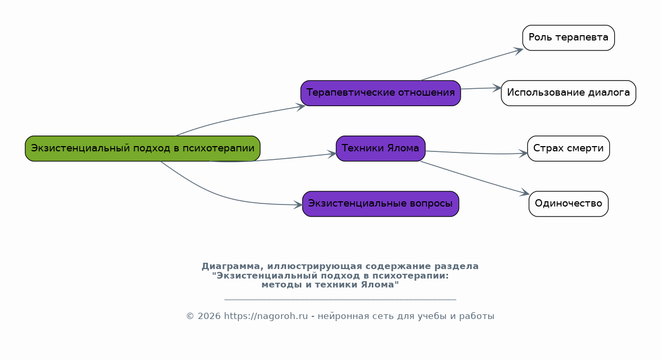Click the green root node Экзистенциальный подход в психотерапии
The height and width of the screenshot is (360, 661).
coord(143,148)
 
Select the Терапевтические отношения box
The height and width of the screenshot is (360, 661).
coord(380,93)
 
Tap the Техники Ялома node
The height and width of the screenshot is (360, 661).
coord(380,148)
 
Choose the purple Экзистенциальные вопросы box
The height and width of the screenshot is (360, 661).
coord(380,204)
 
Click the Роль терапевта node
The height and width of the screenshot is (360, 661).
coord(568,38)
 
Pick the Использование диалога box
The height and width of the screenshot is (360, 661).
coord(568,93)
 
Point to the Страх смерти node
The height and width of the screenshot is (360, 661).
coord(568,148)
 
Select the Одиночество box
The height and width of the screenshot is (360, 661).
coord(568,204)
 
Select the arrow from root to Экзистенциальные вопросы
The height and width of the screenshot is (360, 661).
coord(221,196)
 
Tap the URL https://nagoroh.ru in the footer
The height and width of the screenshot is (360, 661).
coord(266,316)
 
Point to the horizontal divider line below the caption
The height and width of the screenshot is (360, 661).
coord(340,300)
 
